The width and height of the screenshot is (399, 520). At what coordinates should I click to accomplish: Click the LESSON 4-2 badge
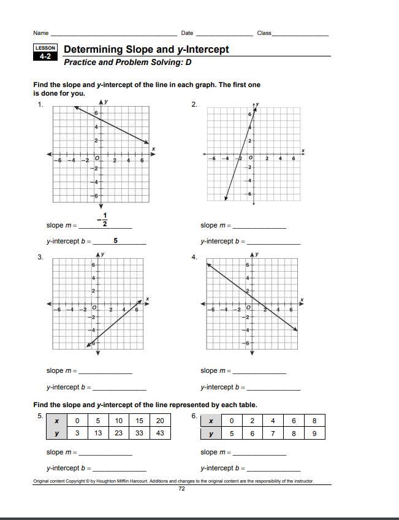coord(45,53)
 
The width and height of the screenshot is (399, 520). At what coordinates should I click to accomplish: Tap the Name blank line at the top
coord(113,34)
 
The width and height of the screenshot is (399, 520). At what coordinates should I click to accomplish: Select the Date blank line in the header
coord(223,34)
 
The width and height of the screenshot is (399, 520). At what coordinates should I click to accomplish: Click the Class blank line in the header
coord(300,34)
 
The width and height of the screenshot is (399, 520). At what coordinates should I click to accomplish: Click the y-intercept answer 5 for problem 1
coord(115,241)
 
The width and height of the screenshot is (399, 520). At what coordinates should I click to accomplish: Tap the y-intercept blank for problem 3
coord(119,388)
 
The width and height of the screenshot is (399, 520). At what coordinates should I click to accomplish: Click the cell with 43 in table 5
coord(160,433)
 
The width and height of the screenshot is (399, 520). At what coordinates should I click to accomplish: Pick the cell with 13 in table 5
coord(98,433)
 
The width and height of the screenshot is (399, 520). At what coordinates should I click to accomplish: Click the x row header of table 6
coord(211,421)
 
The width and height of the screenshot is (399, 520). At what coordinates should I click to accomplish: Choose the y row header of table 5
coord(57,433)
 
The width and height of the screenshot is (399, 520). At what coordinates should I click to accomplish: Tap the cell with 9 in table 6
coord(314,433)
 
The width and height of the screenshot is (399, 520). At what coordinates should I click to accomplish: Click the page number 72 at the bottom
coord(181,489)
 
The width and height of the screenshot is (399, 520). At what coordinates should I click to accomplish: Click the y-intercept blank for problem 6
coord(273,469)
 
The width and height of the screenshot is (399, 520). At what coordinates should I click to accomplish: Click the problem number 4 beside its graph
coord(194,258)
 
